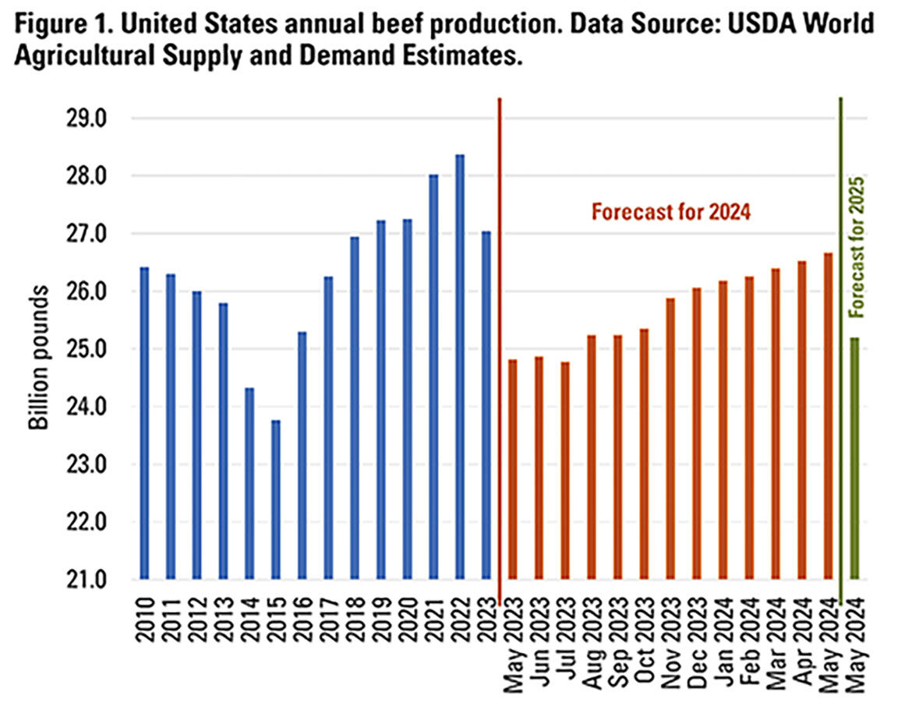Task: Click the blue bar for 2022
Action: [x=460, y=366]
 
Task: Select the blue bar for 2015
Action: [x=275, y=499]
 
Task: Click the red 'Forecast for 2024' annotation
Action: [x=670, y=212]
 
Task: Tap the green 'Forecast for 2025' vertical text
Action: [x=857, y=245]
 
